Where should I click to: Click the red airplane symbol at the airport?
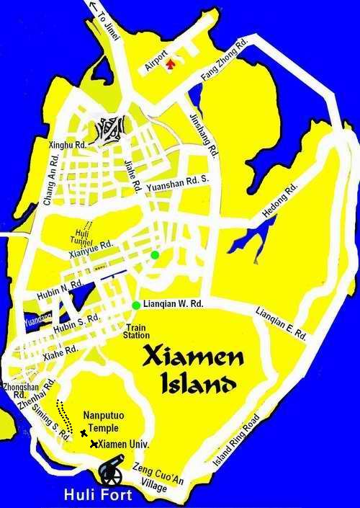pyautogui.click(x=170, y=65)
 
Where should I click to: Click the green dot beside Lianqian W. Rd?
pyautogui.click(x=136, y=305)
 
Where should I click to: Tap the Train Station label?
pyautogui.click(x=136, y=331)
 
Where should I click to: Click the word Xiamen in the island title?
pyautogui.click(x=193, y=355)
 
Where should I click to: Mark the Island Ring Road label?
pyautogui.click(x=238, y=446)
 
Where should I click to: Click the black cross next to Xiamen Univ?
pyautogui.click(x=94, y=444)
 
